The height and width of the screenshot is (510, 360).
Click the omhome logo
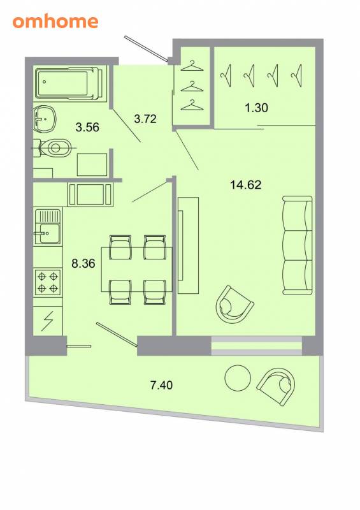[55, 22]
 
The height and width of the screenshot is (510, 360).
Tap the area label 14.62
[245, 185]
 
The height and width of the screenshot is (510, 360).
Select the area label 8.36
[83, 263]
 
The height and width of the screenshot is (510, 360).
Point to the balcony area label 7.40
[161, 385]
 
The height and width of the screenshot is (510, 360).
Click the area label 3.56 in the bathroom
[87, 127]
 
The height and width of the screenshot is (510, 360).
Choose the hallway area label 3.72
[145, 119]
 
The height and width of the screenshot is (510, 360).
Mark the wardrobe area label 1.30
[256, 107]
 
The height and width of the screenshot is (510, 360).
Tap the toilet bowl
[54, 148]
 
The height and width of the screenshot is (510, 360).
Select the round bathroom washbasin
[45, 119]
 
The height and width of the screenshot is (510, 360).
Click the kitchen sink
[48, 226]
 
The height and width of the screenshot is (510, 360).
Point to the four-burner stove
[48, 282]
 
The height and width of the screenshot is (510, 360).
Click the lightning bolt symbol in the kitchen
[48, 321]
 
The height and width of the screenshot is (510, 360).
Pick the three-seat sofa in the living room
[297, 245]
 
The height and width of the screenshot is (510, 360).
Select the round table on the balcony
[238, 377]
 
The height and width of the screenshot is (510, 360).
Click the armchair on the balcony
[277, 386]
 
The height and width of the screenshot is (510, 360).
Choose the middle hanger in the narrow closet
[192, 87]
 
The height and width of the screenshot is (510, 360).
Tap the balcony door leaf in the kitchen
[117, 334]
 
